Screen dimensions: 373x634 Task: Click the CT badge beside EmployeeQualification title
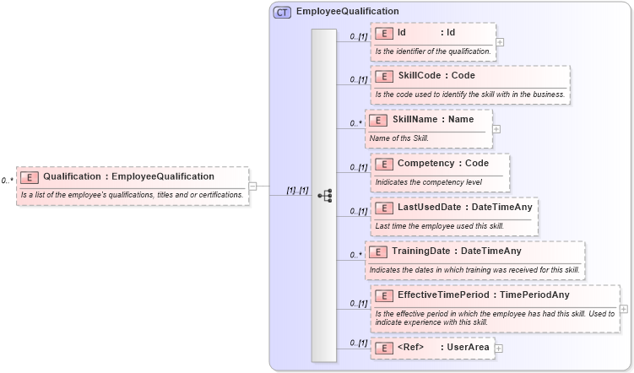282,12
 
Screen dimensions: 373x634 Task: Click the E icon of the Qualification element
30,177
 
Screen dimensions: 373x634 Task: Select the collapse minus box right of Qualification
253,186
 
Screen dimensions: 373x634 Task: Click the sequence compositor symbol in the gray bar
324,195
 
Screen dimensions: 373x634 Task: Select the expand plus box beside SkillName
496,129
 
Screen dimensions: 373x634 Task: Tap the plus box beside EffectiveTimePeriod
623,308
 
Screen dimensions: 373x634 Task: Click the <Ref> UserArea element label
442,347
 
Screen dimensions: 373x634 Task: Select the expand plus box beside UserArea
499,348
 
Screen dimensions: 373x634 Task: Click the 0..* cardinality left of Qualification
8,181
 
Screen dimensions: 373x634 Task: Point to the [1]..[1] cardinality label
297,191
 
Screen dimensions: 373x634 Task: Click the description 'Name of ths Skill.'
399,138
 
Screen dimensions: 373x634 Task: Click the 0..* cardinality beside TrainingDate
355,254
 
